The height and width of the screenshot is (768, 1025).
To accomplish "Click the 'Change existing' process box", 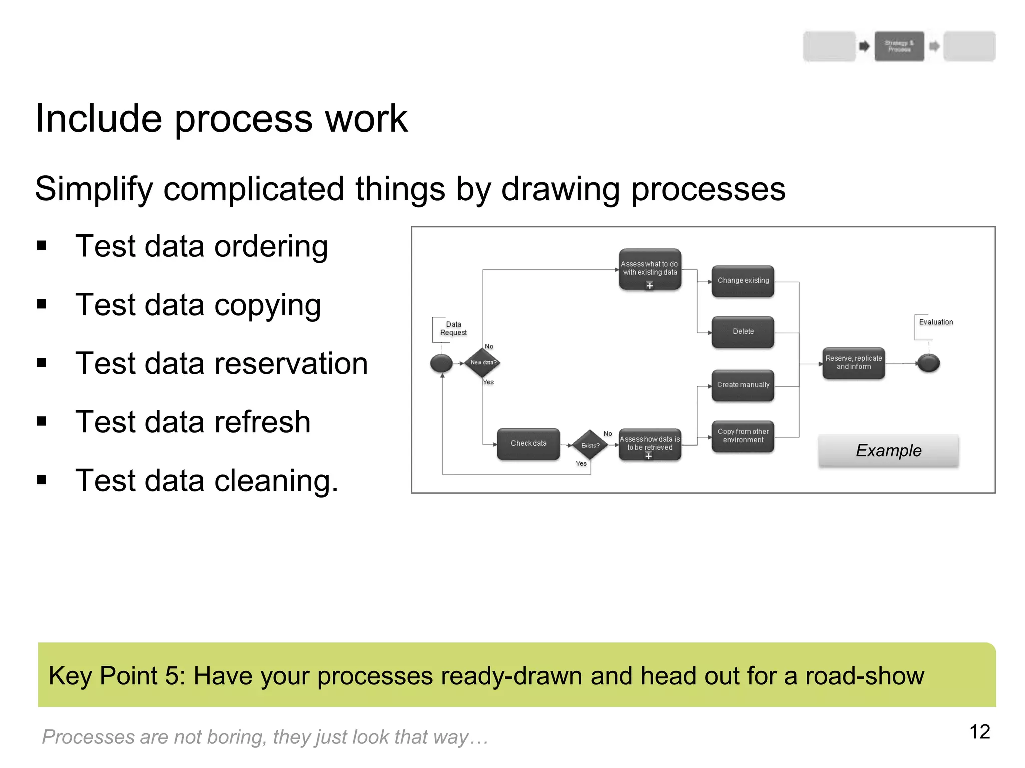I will [743, 281].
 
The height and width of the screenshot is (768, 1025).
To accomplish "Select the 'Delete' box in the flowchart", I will [743, 332].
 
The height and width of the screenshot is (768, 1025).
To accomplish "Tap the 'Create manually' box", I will [743, 385].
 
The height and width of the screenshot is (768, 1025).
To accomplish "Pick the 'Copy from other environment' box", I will [743, 436].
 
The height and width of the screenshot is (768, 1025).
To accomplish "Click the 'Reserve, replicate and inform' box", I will [853, 363].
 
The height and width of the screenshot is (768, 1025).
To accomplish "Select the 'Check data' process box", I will [528, 444].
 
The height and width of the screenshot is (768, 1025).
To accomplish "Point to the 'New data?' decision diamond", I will [482, 363].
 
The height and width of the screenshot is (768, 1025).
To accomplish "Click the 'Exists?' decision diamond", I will [590, 445].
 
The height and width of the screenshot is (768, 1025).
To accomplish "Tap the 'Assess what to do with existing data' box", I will [649, 269].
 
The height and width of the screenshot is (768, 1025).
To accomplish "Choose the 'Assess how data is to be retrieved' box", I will [649, 444].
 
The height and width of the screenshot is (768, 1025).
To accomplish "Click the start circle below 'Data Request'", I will [441, 363].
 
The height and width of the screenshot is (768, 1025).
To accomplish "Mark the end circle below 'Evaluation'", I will [928, 363].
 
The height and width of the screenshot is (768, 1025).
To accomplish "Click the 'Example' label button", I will [888, 451].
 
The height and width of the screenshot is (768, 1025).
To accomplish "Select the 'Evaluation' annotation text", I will [935, 322].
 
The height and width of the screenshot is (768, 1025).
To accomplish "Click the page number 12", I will [979, 732].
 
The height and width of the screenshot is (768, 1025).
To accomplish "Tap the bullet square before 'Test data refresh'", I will [42, 422].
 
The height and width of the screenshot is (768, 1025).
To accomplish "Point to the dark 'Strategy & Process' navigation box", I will [899, 46].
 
